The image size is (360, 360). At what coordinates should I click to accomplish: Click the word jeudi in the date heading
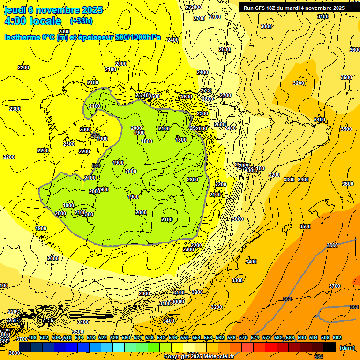point(14,10)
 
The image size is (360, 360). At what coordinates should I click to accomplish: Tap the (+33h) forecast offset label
point(81,21)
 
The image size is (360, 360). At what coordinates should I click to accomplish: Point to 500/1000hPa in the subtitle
point(138,37)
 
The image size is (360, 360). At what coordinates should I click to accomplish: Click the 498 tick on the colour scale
point(32,337)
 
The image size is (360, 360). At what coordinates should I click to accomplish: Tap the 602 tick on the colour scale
point(337,337)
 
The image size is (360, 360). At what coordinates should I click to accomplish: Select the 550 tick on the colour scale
point(185,337)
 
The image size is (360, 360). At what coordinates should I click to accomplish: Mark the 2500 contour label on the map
point(154,96)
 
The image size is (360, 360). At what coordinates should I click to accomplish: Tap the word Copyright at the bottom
point(176,357)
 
